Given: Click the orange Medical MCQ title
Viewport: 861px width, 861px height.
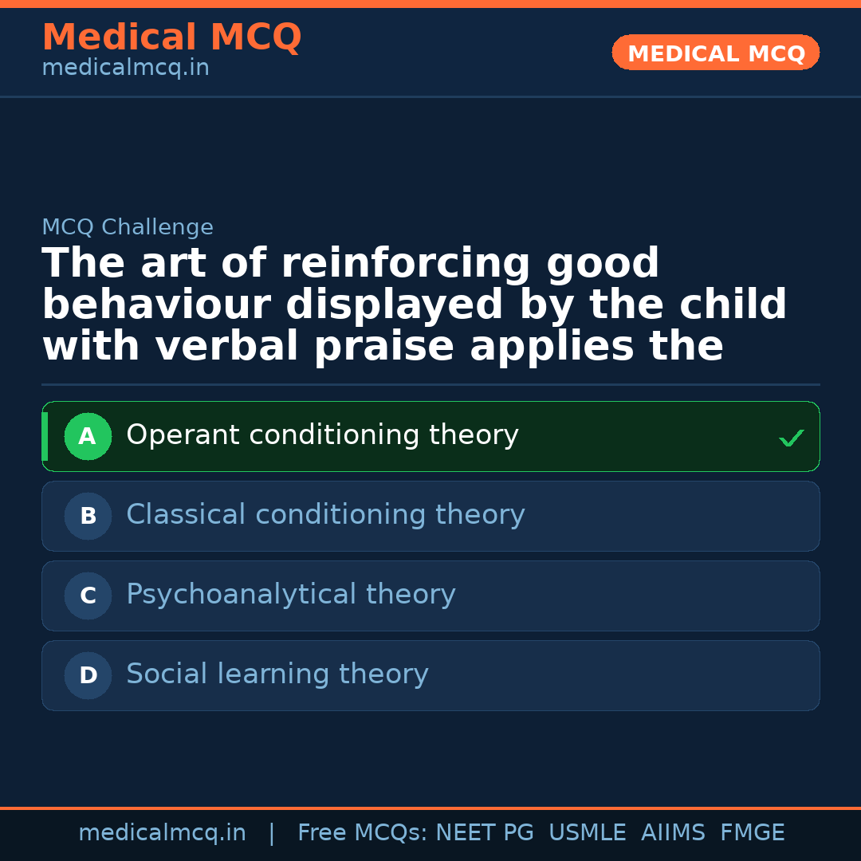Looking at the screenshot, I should pyautogui.click(x=171, y=37).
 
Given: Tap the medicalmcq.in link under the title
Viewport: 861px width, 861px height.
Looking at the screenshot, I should pyautogui.click(x=125, y=68).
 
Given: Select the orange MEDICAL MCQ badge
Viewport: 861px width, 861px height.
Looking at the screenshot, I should pyautogui.click(x=715, y=53).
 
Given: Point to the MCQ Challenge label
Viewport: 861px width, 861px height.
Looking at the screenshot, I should pyautogui.click(x=128, y=227).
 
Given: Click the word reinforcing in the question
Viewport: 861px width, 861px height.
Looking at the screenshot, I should pyautogui.click(x=405, y=264).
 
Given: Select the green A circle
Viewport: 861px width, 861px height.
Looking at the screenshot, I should pyautogui.click(x=88, y=436).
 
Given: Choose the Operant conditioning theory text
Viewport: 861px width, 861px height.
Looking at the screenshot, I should pyautogui.click(x=322, y=435).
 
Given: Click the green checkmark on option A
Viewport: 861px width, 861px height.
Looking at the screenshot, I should pyautogui.click(x=791, y=438).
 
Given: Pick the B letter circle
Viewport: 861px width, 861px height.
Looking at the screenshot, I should pyautogui.click(x=88, y=516).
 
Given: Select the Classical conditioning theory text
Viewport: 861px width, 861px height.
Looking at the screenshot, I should pyautogui.click(x=325, y=515).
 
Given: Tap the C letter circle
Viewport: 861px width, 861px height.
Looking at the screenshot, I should pyautogui.click(x=88, y=596).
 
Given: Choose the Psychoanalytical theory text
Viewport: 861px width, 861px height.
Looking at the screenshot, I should pyautogui.click(x=291, y=595).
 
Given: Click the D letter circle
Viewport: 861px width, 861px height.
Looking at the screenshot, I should pyautogui.click(x=88, y=675).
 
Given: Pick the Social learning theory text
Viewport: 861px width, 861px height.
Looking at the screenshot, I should pyautogui.click(x=277, y=674).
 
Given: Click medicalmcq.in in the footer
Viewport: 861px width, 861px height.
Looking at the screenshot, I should pyautogui.click(x=162, y=833).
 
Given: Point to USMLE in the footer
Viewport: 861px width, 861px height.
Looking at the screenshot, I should pyautogui.click(x=587, y=833).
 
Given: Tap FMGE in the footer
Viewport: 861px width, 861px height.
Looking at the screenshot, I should pyautogui.click(x=752, y=833).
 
